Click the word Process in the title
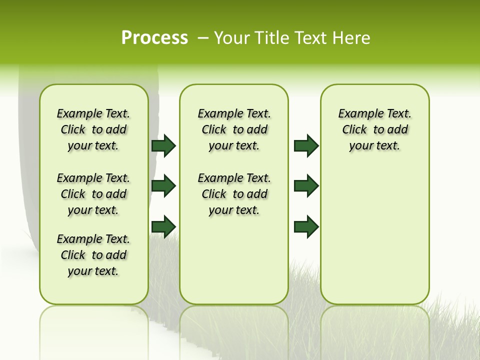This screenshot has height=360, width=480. pos(154,37)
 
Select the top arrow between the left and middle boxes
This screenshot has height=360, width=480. pos(163,145)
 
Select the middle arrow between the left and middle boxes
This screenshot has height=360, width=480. pos(163,186)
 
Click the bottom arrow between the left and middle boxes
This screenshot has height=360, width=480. pos(163,226)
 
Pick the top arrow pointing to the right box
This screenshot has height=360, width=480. pos(306,145)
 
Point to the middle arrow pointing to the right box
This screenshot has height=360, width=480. pos(306,186)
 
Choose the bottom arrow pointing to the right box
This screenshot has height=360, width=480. pos(306,226)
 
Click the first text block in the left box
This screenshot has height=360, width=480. pos(93,129)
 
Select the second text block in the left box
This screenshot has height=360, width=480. pos(93,194)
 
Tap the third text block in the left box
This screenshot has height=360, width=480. pos(93,255)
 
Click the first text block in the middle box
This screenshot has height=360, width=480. pos(234,129)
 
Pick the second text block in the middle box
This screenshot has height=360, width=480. pos(234,194)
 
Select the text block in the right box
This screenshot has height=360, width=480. pos(374,129)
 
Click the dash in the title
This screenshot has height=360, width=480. pos(203,38)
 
